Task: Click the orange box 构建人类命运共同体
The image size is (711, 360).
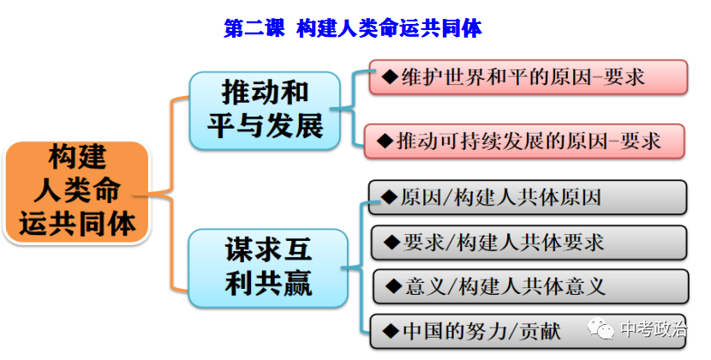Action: (76, 190)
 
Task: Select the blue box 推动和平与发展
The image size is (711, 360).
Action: (266, 109)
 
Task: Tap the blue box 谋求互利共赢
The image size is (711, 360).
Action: (268, 267)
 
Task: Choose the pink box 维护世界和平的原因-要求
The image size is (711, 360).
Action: (529, 76)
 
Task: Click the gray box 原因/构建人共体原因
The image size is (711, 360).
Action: (529, 198)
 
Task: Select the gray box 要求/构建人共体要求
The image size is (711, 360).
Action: (529, 243)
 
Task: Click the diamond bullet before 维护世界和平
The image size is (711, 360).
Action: (390, 76)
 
